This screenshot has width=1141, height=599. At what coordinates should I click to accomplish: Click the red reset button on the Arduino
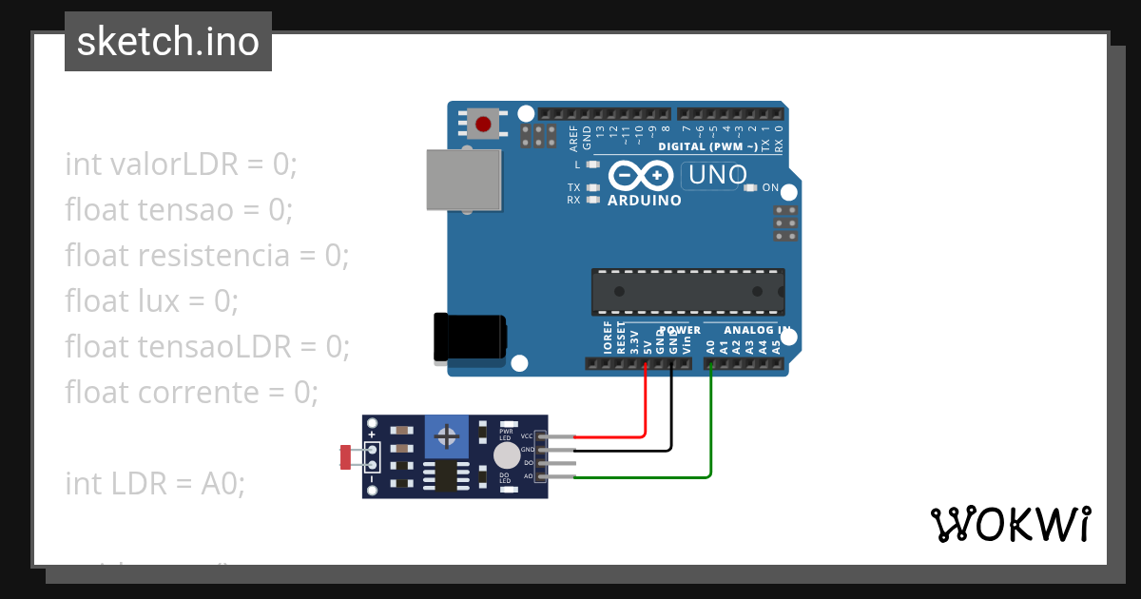click(x=484, y=124)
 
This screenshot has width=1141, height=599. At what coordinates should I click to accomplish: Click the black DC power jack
click(x=469, y=338)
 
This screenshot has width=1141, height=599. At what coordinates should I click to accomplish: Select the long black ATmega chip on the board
click(x=688, y=291)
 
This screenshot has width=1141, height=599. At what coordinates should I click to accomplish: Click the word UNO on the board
click(x=718, y=175)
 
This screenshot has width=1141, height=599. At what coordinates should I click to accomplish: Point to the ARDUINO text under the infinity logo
click(x=644, y=201)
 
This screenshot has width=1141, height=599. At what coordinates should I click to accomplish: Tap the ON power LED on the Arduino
click(x=750, y=187)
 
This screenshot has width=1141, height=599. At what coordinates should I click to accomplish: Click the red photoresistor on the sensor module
click(x=344, y=457)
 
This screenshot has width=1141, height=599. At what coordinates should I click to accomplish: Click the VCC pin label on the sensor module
click(x=526, y=435)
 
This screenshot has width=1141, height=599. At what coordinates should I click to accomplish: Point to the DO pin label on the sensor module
click(x=528, y=462)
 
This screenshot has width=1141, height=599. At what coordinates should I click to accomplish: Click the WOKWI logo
click(x=1010, y=524)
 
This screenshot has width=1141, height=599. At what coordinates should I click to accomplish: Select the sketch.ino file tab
click(x=168, y=42)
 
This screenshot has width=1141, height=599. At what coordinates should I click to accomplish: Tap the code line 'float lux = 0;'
click(x=151, y=301)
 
